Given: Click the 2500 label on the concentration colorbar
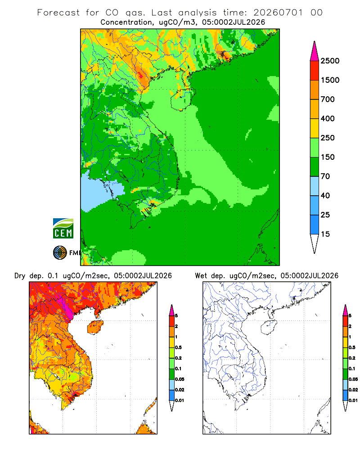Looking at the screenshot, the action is [x=330, y=61].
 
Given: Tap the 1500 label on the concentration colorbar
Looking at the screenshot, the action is [x=330, y=80].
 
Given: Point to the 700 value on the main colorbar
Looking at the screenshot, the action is [x=328, y=99].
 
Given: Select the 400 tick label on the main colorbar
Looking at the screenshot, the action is [x=328, y=118].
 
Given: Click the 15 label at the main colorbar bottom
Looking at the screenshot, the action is [x=325, y=234].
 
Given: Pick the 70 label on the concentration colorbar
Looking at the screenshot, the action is [x=325, y=176].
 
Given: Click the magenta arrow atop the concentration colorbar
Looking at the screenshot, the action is [x=315, y=52].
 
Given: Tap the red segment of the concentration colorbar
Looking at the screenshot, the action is [x=315, y=71].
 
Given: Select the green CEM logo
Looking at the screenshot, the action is [x=63, y=228].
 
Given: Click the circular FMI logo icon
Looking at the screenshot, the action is [x=60, y=253].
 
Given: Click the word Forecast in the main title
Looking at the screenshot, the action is [x=58, y=13].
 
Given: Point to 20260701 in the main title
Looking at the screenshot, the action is [x=278, y=13].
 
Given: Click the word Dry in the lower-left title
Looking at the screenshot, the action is [x=20, y=276].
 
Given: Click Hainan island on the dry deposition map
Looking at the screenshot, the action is [x=95, y=328].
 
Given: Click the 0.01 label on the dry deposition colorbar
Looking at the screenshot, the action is [x=180, y=400].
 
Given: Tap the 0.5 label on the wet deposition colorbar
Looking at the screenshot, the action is [x=352, y=347].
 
